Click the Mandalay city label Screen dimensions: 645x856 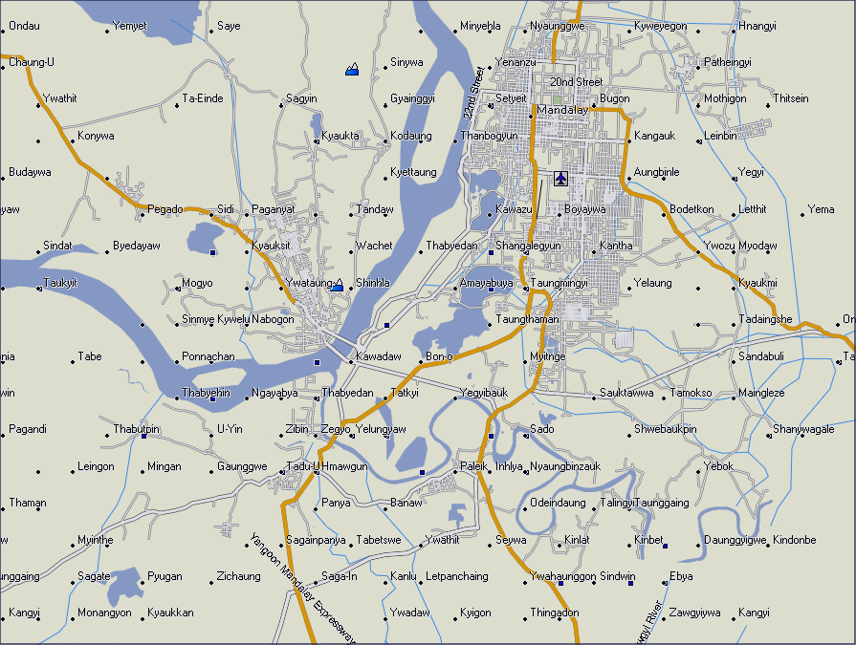[x=562, y=110]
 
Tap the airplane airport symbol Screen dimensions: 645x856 [x=560, y=178]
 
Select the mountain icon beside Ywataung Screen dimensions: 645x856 [x=337, y=285]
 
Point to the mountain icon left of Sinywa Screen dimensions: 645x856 [x=353, y=68]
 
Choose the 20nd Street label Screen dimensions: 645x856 [x=576, y=82]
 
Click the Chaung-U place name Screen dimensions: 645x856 [x=31, y=62]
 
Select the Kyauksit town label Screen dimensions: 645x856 [x=270, y=247]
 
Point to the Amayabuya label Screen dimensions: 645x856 [x=487, y=283]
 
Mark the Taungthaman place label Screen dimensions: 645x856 [x=528, y=319]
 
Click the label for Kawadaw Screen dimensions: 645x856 [x=378, y=356]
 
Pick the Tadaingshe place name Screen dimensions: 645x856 [x=765, y=319]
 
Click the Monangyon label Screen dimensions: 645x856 [x=104, y=613]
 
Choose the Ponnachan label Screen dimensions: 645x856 [x=208, y=356]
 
